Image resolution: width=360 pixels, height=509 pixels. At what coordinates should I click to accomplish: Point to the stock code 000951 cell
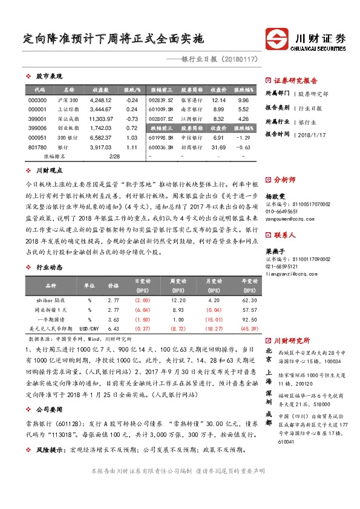pos(38,138)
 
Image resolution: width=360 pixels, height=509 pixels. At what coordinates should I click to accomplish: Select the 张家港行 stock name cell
pos(192,100)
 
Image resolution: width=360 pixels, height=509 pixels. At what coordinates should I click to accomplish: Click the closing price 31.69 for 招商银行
pos(218,148)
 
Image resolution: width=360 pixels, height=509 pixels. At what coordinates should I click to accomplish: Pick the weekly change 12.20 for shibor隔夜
pos(178,283)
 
